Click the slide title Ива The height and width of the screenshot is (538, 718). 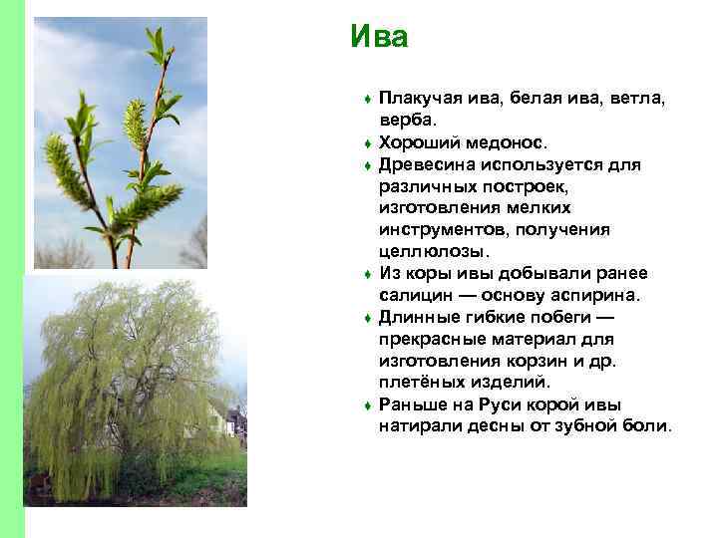[379, 38]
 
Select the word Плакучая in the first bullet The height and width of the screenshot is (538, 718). [418, 99]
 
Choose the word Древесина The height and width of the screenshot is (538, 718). [426, 164]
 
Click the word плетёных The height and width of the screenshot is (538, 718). [420, 383]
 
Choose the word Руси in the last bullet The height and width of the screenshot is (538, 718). [509, 404]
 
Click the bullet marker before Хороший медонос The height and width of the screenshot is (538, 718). [368, 143]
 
